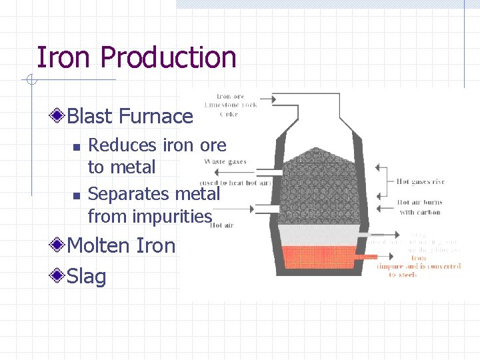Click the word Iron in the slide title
64,57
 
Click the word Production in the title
168,59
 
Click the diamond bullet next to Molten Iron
59,245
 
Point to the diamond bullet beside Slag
59,275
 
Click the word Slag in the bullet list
87,275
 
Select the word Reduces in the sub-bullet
121,145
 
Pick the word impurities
172,216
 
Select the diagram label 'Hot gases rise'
420,181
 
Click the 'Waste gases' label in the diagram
225,161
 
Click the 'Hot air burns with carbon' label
420,207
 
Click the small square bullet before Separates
76,195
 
